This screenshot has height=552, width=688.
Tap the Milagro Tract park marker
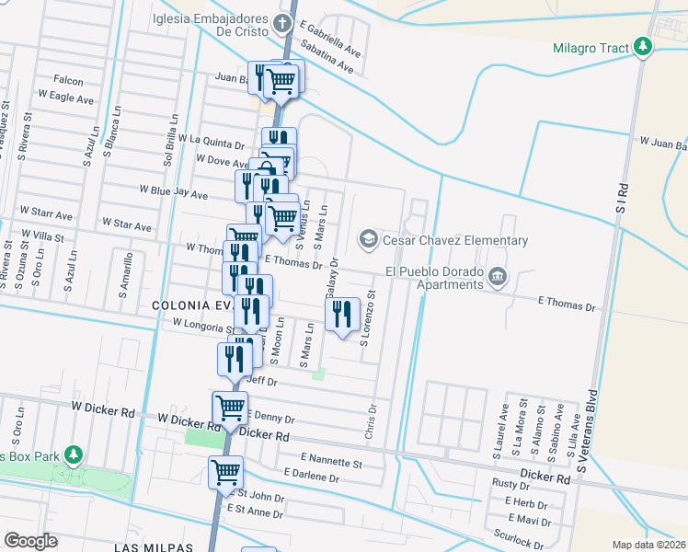coord(643,47)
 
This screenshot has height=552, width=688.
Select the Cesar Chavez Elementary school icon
coord(369,240)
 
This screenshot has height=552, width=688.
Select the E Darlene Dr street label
coord(312,473)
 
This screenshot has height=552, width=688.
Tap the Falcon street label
coord(68,81)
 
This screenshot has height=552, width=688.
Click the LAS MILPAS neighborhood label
coord(154,546)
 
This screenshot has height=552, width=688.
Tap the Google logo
coord(31,540)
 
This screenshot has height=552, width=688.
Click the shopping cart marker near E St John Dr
coord(225,472)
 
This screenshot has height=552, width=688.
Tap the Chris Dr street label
coord(373,420)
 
